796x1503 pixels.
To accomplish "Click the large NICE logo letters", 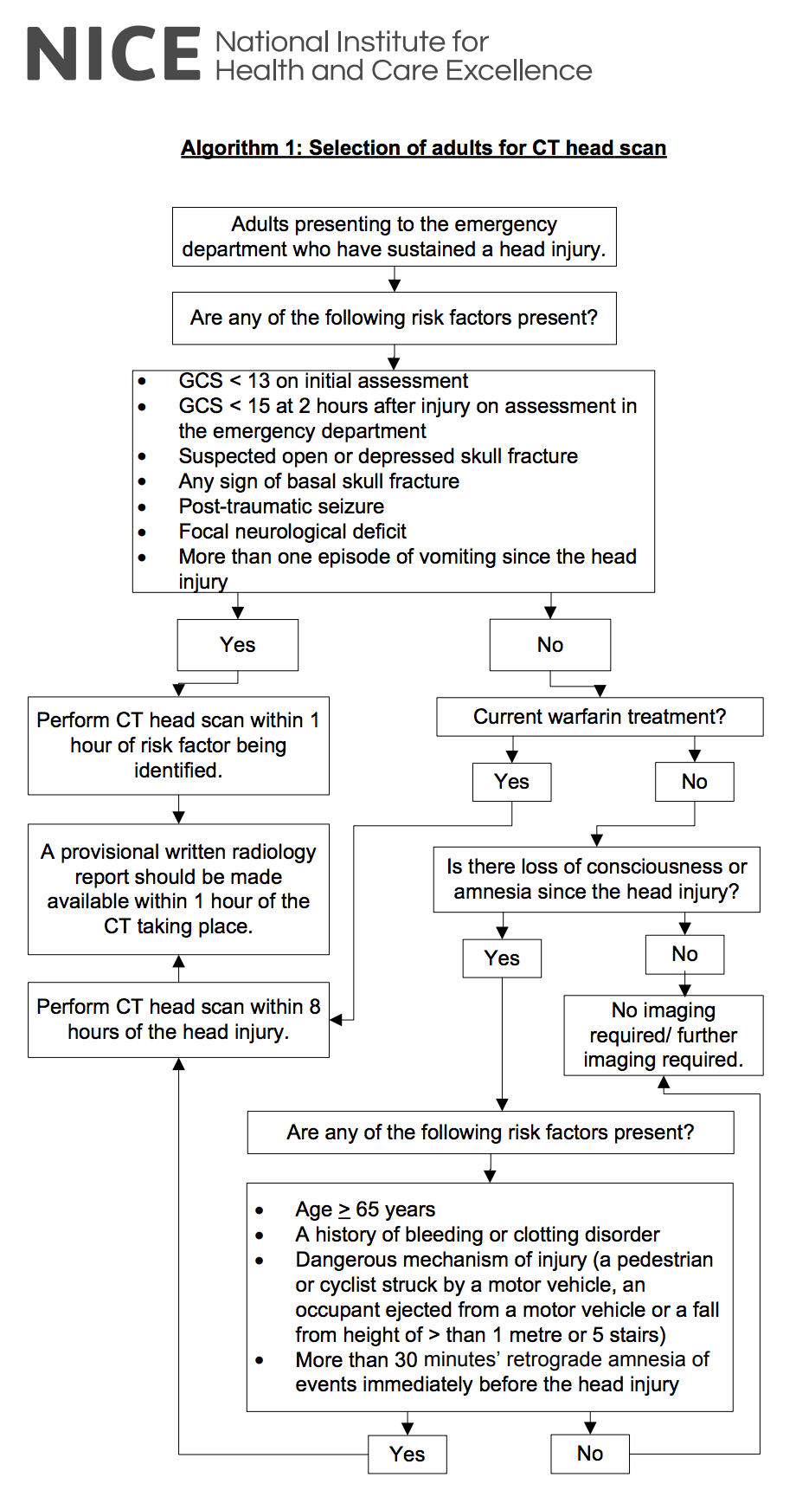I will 113,55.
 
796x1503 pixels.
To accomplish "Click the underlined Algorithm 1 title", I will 423,148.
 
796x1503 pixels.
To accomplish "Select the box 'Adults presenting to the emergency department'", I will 394,236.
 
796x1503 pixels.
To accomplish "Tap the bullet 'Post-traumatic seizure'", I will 281,506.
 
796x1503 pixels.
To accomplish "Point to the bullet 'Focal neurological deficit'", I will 292,532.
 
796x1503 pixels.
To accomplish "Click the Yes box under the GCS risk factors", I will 237,645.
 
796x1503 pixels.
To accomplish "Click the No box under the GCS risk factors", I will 549,645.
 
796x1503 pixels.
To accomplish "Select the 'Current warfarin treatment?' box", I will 599,717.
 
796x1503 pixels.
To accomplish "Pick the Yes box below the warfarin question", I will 511,782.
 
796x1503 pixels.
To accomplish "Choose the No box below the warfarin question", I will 694,782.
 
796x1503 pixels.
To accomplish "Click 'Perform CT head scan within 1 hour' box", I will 178,745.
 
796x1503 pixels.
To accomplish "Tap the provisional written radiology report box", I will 178,889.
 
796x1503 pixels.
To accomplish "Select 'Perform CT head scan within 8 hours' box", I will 178,1019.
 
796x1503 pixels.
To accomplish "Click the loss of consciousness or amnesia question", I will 596,879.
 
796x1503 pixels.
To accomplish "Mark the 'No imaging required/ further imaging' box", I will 663,1035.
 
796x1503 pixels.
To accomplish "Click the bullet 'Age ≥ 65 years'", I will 364,1209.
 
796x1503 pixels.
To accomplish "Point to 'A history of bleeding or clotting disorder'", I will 477,1235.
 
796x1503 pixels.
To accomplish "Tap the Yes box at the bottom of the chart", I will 407,1455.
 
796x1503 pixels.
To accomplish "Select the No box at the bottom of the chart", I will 589,1455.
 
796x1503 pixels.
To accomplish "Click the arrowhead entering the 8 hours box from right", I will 337,1020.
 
